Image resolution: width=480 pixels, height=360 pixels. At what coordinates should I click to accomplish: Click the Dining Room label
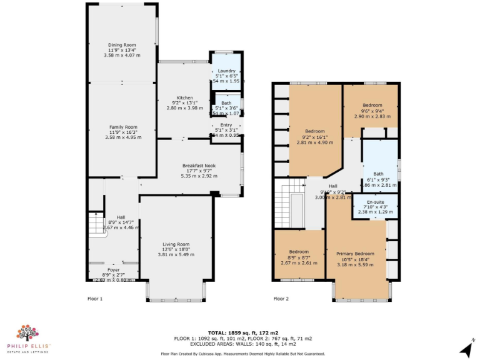pyautogui.click(x=122, y=45)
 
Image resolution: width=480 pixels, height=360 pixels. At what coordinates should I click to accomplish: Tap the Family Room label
pyautogui.click(x=122, y=127)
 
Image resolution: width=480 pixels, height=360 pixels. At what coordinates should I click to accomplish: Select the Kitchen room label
pyautogui.click(x=184, y=98)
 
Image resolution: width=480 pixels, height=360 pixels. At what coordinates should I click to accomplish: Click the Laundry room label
pyautogui.click(x=226, y=71)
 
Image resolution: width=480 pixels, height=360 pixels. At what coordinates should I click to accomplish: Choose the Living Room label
pyautogui.click(x=176, y=244)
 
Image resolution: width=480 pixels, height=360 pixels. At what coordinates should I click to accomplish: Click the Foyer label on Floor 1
pyautogui.click(x=113, y=269)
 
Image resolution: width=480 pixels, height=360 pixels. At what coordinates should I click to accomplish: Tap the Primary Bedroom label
pyautogui.click(x=356, y=254)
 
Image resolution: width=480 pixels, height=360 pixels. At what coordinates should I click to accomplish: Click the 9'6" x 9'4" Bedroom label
pyautogui.click(x=372, y=106)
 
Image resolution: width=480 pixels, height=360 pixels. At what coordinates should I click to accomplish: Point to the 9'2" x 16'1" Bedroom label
pyautogui.click(x=316, y=131)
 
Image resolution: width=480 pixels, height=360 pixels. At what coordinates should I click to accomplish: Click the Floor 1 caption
pyautogui.click(x=94, y=299)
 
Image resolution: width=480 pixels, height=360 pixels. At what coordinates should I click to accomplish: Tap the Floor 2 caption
pyautogui.click(x=281, y=299)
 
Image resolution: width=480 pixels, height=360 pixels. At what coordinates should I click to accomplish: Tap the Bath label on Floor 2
pyautogui.click(x=378, y=174)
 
